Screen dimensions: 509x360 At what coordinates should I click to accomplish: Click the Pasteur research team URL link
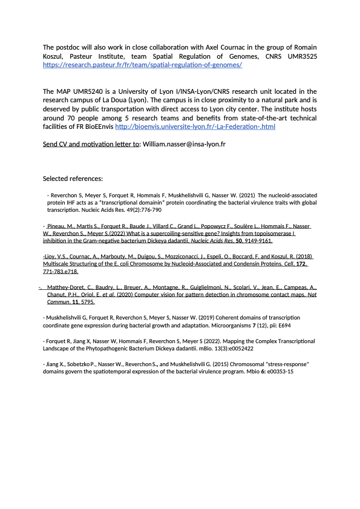click(143, 64)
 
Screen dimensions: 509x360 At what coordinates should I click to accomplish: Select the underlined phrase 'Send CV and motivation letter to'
click(91, 146)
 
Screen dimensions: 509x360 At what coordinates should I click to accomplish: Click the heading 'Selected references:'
click(73, 179)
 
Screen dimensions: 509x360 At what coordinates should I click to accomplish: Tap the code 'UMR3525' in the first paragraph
click(300, 56)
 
